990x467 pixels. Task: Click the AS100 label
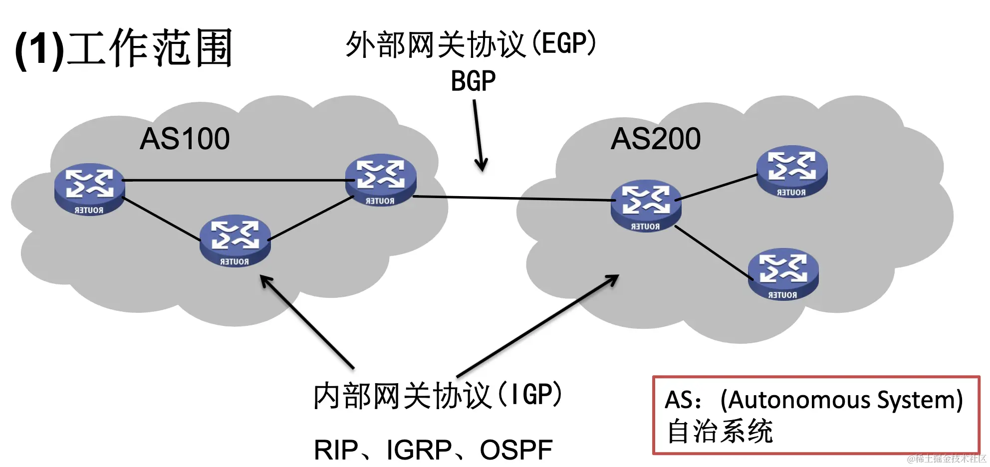(x=185, y=139)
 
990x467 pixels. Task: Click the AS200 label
(x=656, y=139)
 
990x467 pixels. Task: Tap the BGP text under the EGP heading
(x=473, y=81)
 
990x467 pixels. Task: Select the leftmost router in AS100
(x=89, y=189)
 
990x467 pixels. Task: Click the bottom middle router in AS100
(x=235, y=240)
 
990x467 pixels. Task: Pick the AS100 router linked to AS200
(x=381, y=180)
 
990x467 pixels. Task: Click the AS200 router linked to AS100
(x=646, y=206)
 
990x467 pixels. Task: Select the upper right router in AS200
(x=792, y=172)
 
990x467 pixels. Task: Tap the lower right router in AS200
(x=783, y=274)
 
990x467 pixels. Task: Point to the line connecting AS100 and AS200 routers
(x=514, y=199)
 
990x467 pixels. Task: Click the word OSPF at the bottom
(x=516, y=450)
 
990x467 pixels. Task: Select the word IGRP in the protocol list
(x=419, y=450)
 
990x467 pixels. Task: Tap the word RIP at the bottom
(x=336, y=450)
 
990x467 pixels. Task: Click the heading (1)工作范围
(x=124, y=48)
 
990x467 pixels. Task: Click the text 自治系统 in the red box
(x=720, y=432)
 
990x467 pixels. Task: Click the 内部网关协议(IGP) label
(x=438, y=396)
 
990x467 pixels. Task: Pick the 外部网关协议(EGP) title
(x=471, y=44)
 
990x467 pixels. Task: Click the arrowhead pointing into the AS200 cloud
(x=613, y=280)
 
